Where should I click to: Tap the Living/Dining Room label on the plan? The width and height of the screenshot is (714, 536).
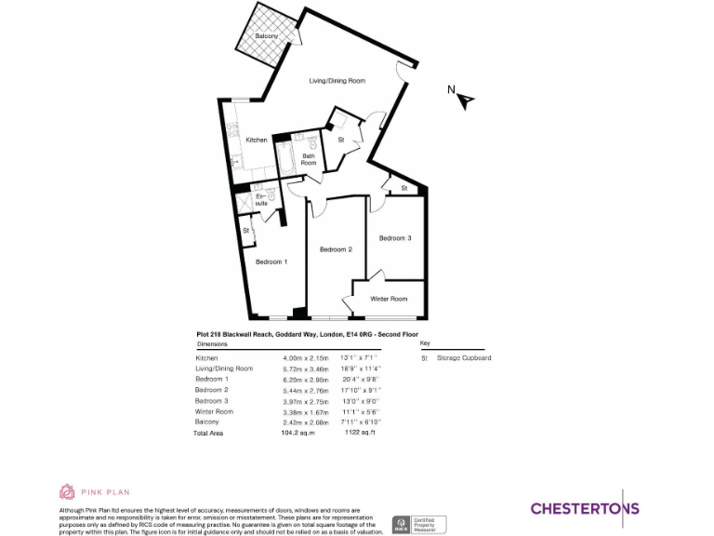(x=337, y=81)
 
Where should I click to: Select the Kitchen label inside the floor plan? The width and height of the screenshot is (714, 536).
(x=257, y=140)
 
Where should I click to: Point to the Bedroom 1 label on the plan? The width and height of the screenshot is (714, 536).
(x=271, y=261)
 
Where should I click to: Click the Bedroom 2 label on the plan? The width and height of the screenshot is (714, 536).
(x=336, y=249)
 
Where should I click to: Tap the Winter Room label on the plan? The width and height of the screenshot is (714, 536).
(x=389, y=299)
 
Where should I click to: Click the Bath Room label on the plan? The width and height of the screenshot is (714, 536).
(x=308, y=159)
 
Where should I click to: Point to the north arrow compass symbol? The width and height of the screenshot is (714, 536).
(x=462, y=97)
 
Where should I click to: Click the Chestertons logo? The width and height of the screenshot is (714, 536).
(x=585, y=507)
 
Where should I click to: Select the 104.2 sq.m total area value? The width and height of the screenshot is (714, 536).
(x=298, y=433)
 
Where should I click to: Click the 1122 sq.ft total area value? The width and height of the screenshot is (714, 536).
(x=358, y=433)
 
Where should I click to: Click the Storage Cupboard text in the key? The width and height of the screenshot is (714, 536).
(x=464, y=358)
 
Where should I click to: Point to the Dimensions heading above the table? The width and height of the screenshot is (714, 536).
(x=212, y=344)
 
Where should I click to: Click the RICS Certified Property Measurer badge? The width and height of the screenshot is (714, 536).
(x=419, y=524)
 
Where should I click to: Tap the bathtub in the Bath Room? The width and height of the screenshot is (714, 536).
(x=286, y=154)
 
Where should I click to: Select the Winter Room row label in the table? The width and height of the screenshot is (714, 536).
(x=214, y=411)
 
